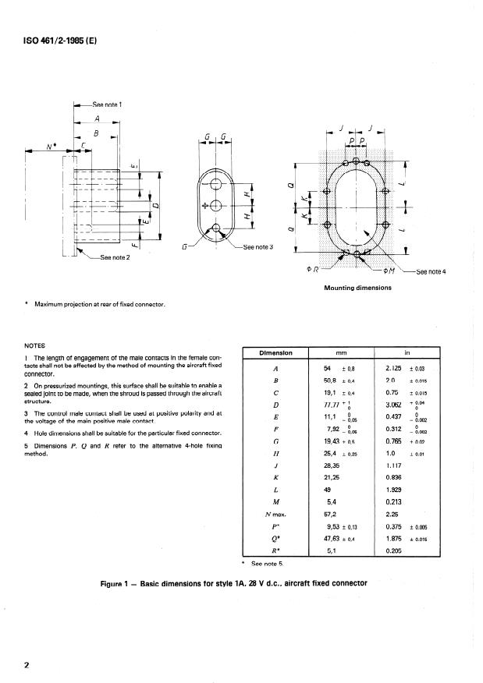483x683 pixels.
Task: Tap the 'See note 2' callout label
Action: pyautogui.click(x=112, y=257)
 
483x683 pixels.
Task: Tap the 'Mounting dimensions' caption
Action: pyautogui.click(x=357, y=288)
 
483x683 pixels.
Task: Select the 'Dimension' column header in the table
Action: pyautogui.click(x=276, y=352)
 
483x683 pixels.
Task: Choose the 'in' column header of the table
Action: pyautogui.click(x=408, y=352)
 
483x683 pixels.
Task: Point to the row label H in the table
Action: pyautogui.click(x=276, y=451)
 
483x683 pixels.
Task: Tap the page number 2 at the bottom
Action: pyautogui.click(x=27, y=664)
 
